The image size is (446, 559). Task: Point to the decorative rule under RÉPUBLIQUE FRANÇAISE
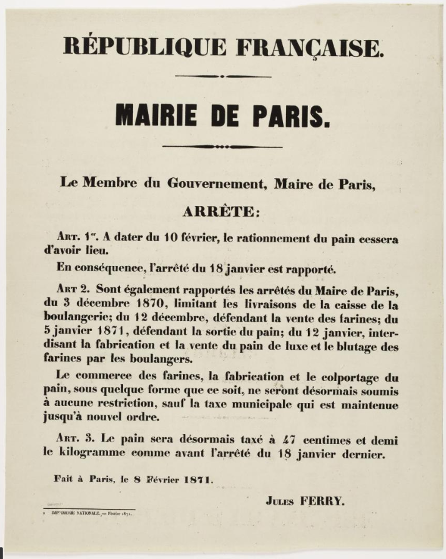pos(223,76)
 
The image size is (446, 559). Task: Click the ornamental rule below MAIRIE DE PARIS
pos(222,147)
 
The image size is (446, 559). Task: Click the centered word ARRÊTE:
pos(219,212)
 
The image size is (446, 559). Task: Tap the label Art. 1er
pos(74,239)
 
